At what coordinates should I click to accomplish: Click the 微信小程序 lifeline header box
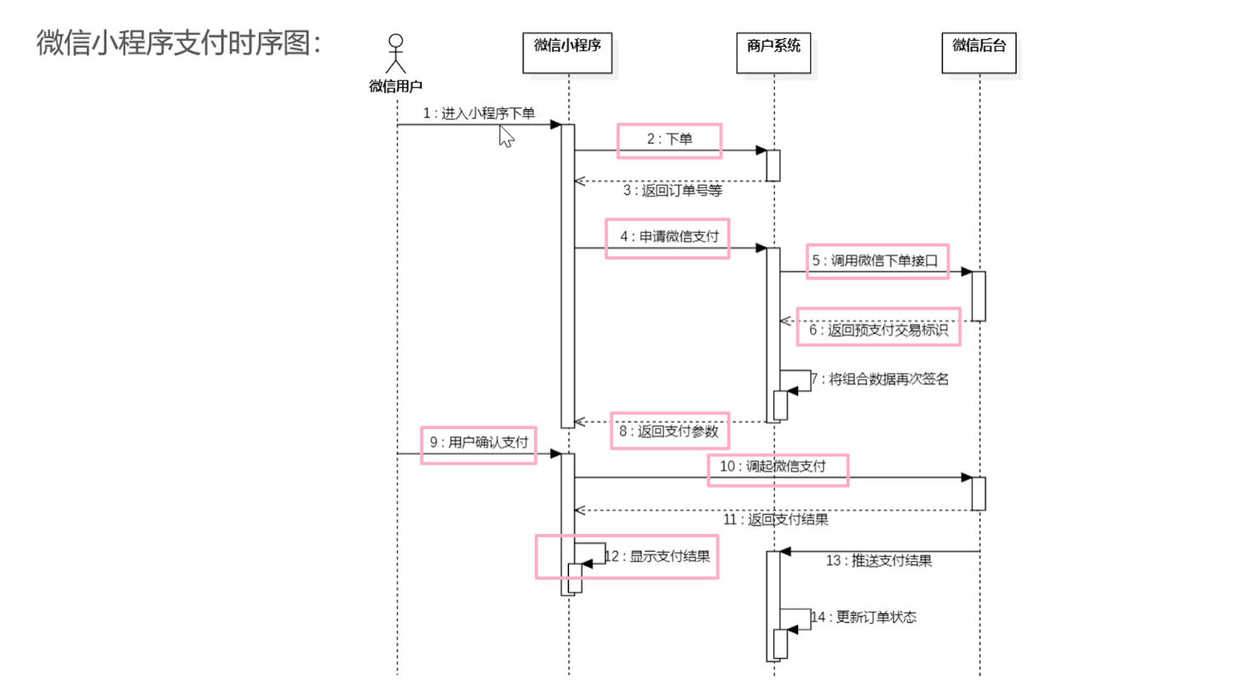(567, 52)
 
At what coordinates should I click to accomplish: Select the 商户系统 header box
(773, 52)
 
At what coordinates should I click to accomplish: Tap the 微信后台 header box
(979, 52)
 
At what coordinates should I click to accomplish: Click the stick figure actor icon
(396, 54)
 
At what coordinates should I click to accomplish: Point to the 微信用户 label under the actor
(396, 86)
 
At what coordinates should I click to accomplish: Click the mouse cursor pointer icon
(507, 136)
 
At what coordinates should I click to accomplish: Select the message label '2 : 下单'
(669, 139)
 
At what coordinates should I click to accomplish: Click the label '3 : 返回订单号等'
(673, 191)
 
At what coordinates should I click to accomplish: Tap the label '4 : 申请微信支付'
(669, 237)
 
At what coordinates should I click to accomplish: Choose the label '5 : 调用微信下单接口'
(875, 261)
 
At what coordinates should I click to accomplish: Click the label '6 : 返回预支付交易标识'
(878, 330)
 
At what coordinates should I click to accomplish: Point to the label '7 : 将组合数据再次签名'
(880, 379)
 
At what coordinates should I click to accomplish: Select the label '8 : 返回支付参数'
(669, 431)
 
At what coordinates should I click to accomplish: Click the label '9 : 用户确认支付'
(480, 442)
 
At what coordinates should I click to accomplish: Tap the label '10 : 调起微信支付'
(773, 466)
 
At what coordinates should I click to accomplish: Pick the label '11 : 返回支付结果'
(776, 520)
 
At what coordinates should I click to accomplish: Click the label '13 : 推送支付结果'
(879, 560)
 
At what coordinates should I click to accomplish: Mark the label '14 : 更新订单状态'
(864, 617)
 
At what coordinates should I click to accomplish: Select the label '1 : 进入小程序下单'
(479, 113)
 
